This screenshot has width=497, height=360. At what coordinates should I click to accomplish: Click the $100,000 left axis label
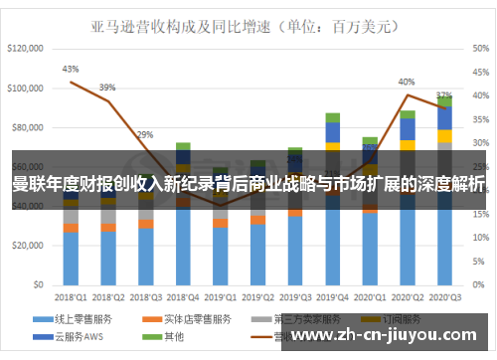tap(26, 88)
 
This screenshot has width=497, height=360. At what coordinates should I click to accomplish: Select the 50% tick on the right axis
tap(479, 47)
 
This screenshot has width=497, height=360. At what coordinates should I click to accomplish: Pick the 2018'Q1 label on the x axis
tap(70, 296)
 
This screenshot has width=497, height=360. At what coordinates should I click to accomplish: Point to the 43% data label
tap(70, 70)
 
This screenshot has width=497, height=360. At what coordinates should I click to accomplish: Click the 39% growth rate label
tap(107, 87)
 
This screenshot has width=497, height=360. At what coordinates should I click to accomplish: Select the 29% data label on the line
tap(145, 134)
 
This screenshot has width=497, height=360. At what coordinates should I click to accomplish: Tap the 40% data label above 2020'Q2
tap(407, 82)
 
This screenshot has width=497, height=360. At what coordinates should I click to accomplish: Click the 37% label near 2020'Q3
tap(444, 95)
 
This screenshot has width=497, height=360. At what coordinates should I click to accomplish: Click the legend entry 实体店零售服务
tap(200, 319)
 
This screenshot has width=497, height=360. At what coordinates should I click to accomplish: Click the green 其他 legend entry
tap(185, 337)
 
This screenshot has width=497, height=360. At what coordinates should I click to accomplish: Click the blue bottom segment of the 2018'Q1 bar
tap(70, 258)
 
